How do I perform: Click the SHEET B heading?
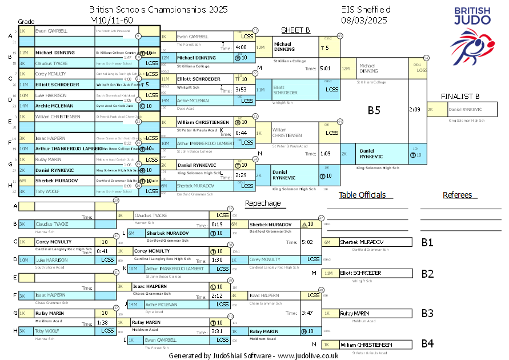[x=295, y=30]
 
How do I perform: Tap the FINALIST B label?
[x=460, y=96]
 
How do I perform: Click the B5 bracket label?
[x=374, y=110]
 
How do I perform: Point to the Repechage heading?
[x=263, y=203]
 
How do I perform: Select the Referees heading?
[x=458, y=195]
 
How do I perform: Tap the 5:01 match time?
[x=326, y=68]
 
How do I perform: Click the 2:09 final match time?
[x=415, y=109]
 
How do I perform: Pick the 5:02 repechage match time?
[x=307, y=242]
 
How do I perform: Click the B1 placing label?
[x=427, y=242]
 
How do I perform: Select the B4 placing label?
[x=427, y=343]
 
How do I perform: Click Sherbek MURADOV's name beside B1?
[x=362, y=242]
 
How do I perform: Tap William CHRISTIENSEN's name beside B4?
[x=365, y=345]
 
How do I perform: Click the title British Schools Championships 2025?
[x=158, y=10]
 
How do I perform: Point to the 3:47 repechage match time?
[x=307, y=313]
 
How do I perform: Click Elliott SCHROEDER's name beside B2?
[x=360, y=273]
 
